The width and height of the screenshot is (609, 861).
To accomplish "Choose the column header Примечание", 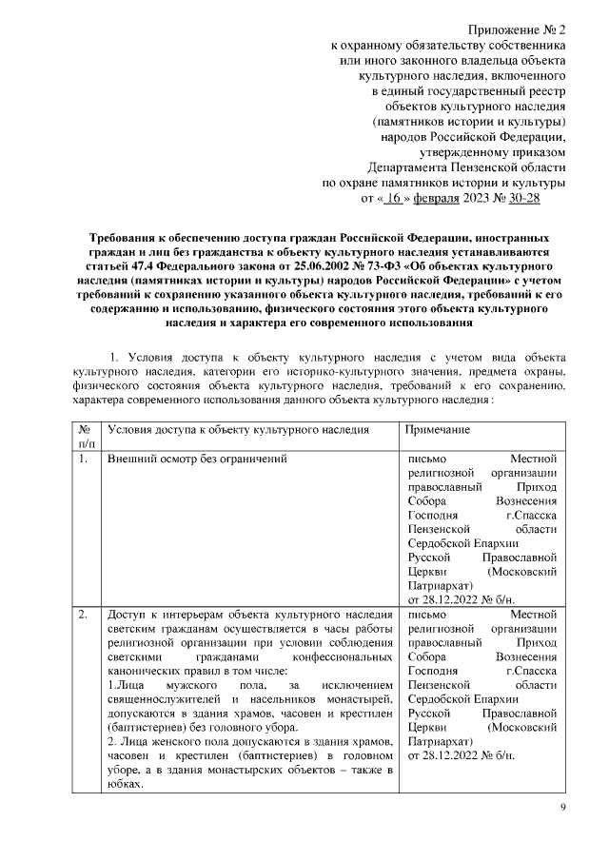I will click(439, 430).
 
